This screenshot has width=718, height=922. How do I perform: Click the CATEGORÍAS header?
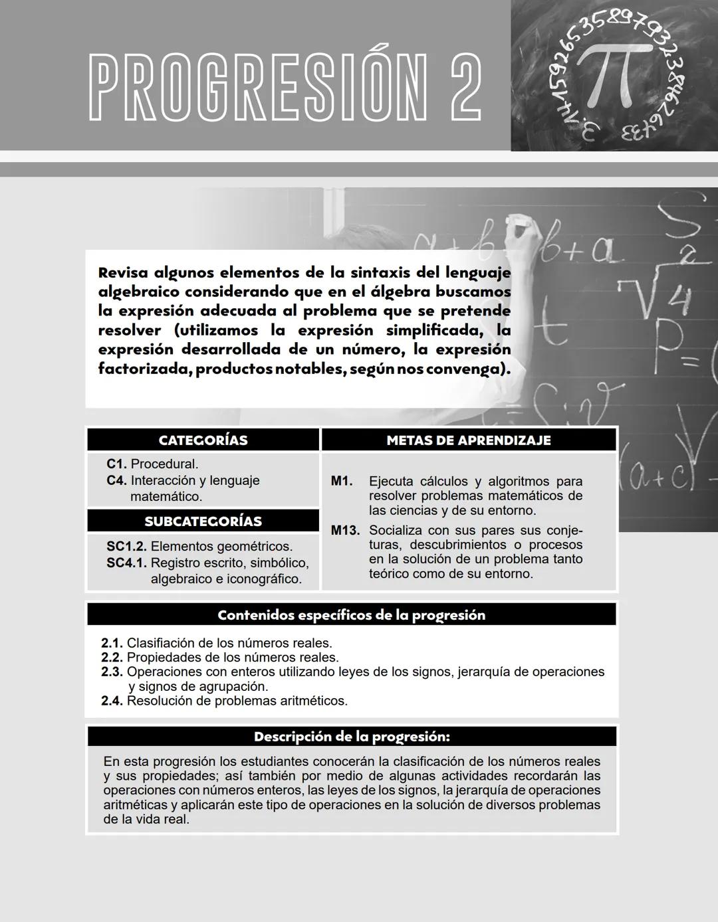pos(203,440)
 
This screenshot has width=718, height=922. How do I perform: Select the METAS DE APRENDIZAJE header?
pos(469,440)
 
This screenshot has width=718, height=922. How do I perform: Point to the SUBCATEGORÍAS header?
pos(203,521)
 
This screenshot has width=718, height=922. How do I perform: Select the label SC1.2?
pos(126,547)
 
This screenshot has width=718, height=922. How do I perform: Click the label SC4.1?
pos(126,563)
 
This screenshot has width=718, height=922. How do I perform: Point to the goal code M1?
pos(341,481)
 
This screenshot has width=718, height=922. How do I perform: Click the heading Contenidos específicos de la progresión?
pos(351,615)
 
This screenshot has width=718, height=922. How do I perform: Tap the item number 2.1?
pos(112,643)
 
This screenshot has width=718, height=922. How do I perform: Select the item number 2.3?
pos(112,672)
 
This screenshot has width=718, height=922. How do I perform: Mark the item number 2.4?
pos(112,701)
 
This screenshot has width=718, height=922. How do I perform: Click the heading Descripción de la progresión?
pos(351,737)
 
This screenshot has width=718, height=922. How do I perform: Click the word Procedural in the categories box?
pos(164,464)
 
